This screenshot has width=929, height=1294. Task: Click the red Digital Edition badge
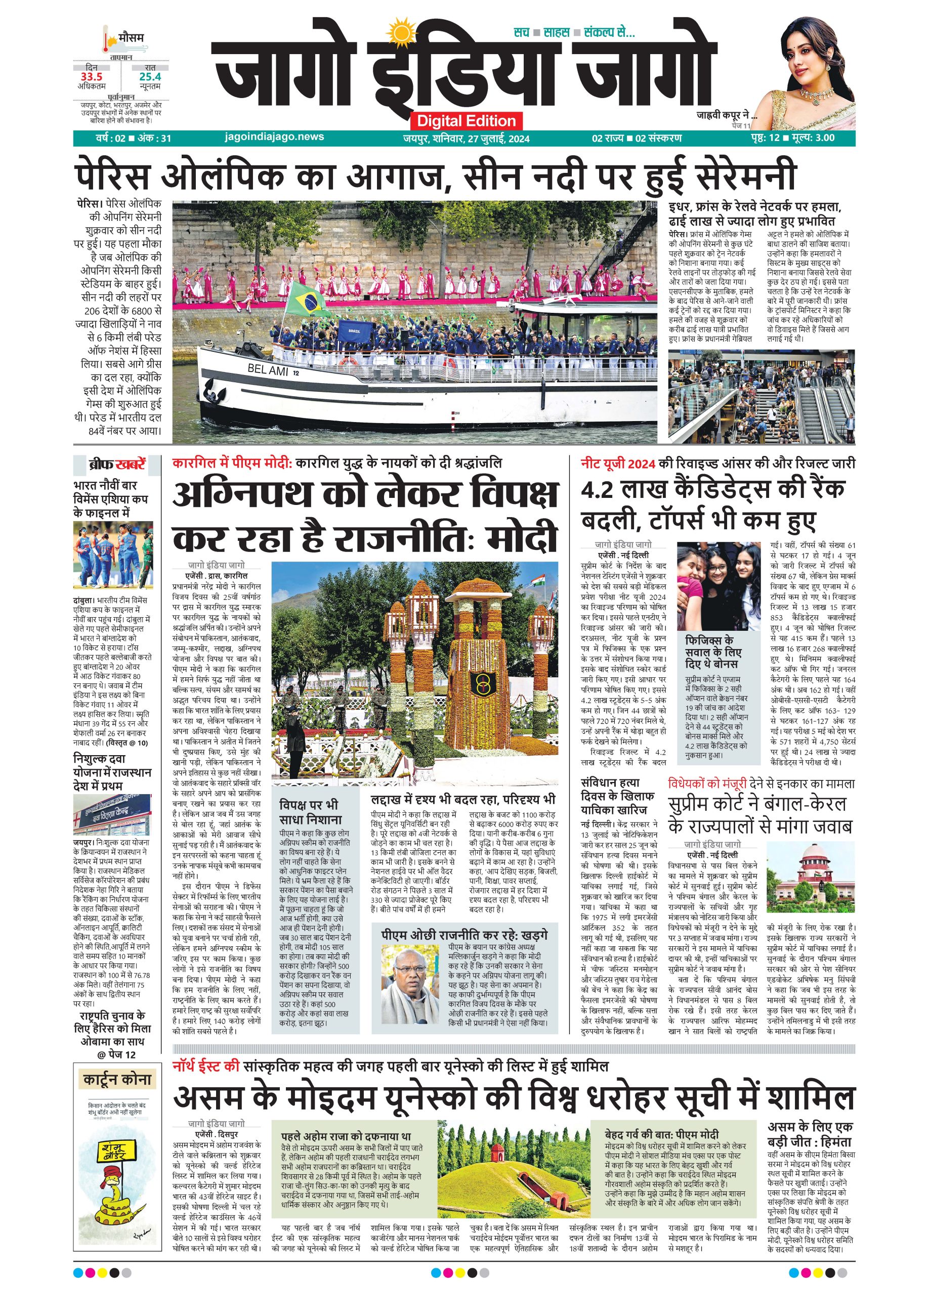[466, 121]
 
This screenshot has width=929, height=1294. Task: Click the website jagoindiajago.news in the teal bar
[275, 137]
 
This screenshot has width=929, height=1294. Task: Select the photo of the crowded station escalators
[761, 396]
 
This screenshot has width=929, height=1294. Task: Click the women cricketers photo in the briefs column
[113, 554]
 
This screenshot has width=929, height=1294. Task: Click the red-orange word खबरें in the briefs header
[130, 465]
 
